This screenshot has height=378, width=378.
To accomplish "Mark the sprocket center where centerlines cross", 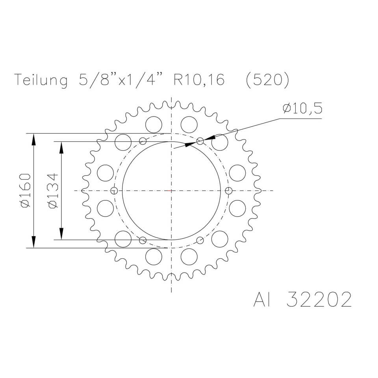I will (171, 191).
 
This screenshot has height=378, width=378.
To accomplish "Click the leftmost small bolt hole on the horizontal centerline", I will (114, 191).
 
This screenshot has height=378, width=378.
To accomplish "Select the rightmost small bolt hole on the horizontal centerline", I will (229, 191).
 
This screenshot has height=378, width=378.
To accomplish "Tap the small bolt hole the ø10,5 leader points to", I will (200, 141).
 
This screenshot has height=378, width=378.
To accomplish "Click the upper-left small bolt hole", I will (143, 141).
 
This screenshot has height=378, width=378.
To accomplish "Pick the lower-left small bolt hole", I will (143, 240).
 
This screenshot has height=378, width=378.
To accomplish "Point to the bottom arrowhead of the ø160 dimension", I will (34, 243).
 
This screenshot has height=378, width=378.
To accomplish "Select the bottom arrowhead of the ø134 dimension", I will (61, 234).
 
